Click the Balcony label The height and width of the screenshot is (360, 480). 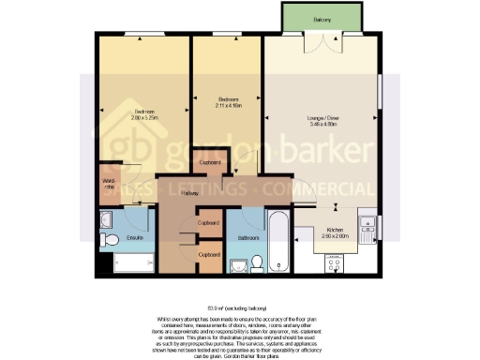pos(322,18)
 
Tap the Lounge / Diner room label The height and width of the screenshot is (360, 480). pos(322,118)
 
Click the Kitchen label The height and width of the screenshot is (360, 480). pos(336,230)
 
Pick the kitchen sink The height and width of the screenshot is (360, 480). pos(368,224)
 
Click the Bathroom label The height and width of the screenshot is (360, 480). pos(247,238)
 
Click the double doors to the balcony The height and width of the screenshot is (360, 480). pos(322,41)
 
